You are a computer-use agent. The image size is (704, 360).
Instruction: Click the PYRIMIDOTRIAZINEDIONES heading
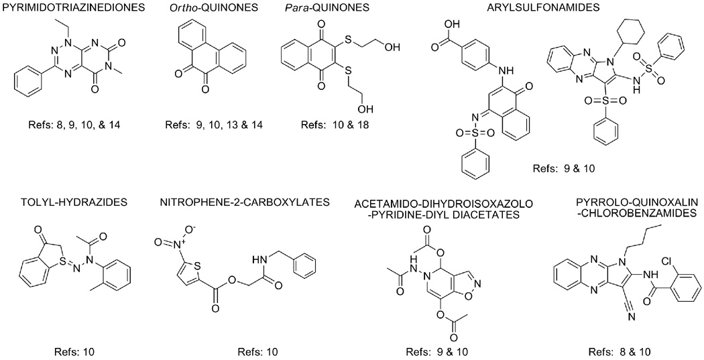pyautogui.click(x=66, y=8)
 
